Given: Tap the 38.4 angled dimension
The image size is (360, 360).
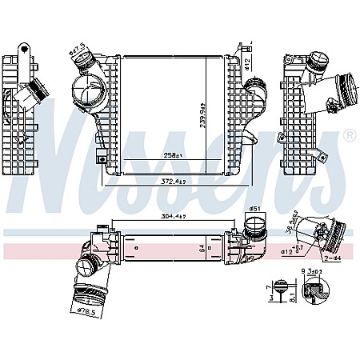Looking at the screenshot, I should (291, 220).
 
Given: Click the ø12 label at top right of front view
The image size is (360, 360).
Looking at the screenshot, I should (249, 61).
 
